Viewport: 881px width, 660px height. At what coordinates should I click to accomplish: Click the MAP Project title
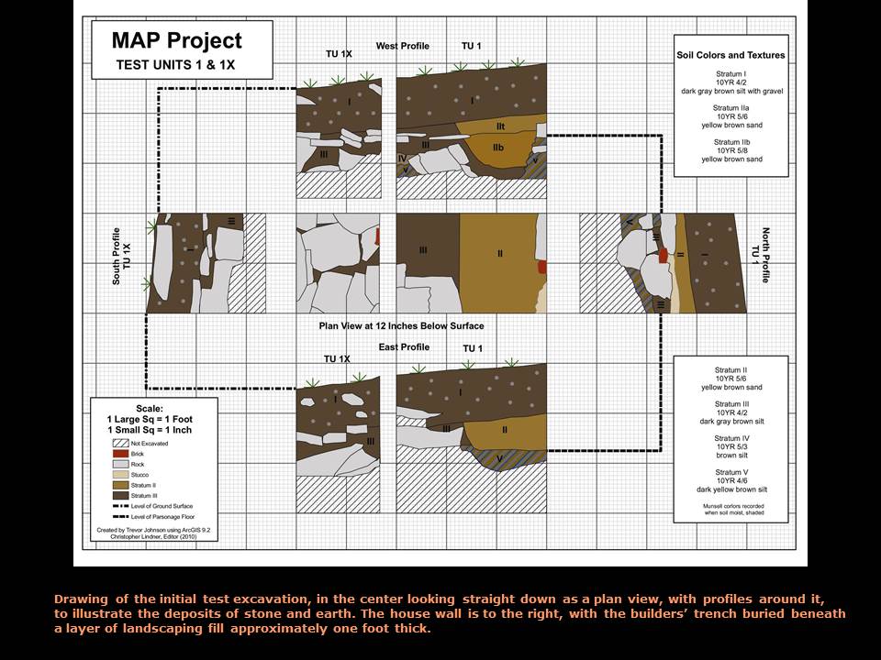point(176,41)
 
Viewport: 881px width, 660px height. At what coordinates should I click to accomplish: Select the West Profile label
point(402,46)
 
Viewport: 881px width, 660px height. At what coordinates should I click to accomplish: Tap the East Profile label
point(404,347)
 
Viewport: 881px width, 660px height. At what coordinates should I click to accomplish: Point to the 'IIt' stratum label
point(501,126)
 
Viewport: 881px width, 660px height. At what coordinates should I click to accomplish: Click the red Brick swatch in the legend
point(117,454)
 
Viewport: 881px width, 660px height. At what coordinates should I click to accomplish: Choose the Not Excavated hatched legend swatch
point(117,444)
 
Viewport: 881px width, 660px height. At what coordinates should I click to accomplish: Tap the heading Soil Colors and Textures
point(730,55)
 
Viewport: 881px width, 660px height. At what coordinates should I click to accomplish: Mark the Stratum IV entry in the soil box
point(730,447)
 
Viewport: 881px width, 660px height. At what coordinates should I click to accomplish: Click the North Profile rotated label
point(761,256)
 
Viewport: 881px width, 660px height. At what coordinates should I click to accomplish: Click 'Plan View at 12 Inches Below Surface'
point(401,325)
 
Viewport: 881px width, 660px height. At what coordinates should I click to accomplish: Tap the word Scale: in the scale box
point(149,408)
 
